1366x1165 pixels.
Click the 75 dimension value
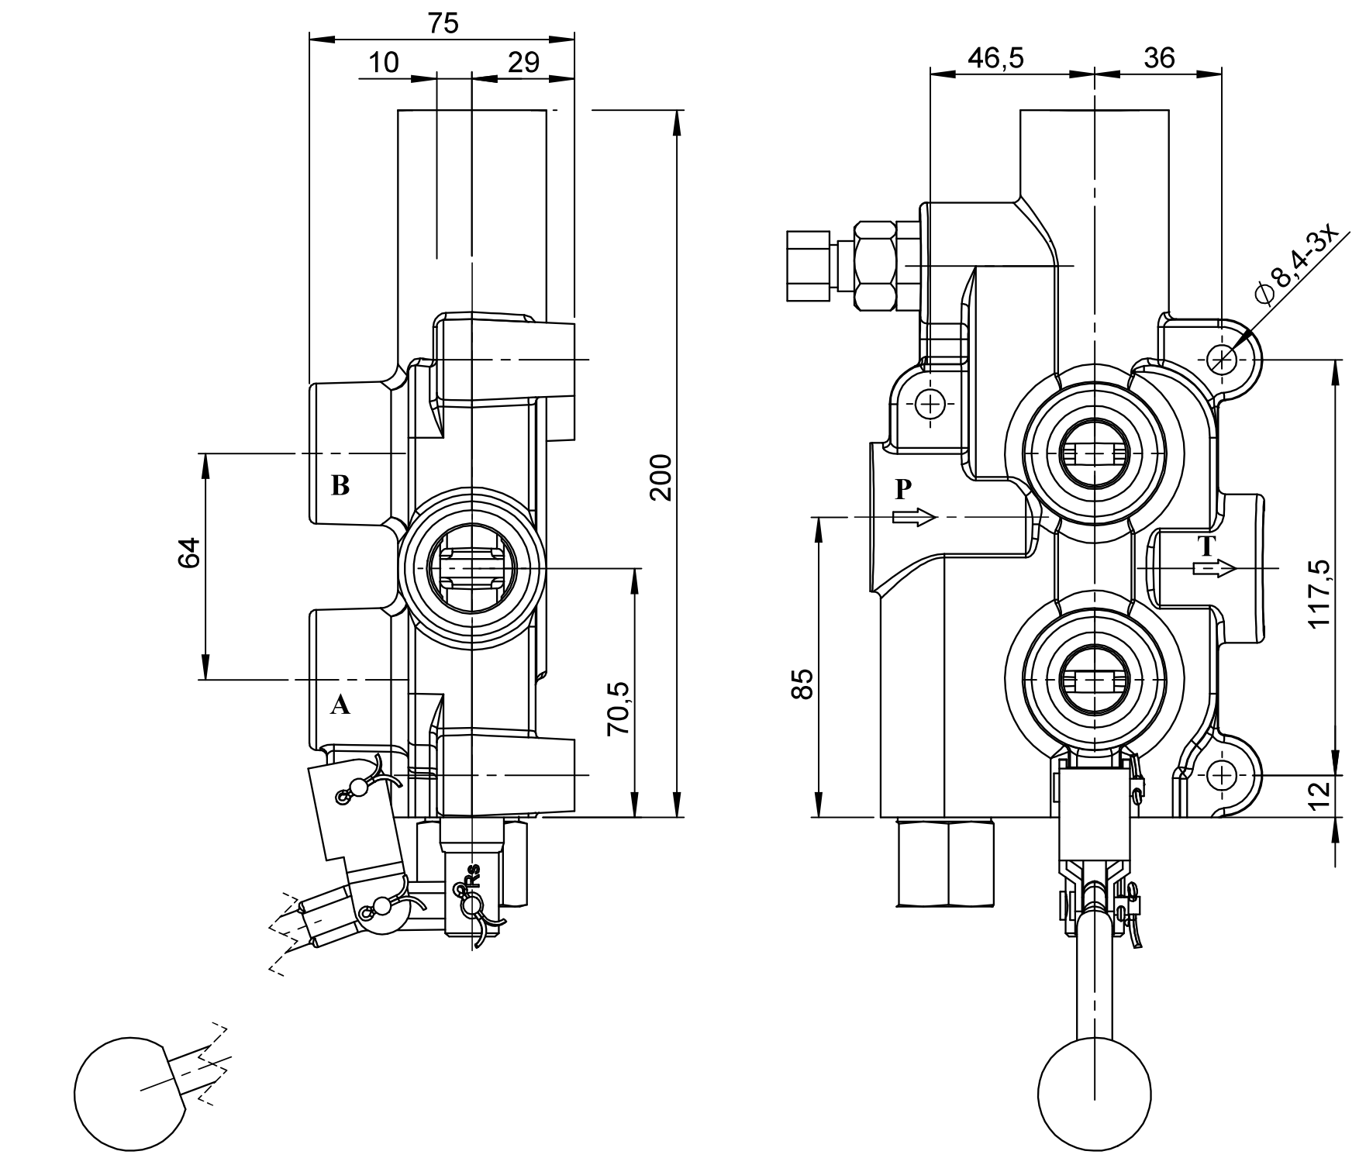[443, 24]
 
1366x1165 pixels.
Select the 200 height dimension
[661, 478]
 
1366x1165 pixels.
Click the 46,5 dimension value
[995, 58]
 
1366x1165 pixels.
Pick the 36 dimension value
[1159, 58]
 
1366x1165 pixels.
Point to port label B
[340, 486]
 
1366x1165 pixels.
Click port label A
[340, 705]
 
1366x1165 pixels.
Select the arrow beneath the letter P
[915, 517]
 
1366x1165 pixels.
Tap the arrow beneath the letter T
[1213, 568]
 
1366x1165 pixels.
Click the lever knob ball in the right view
[1093, 1101]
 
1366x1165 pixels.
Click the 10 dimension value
[382, 63]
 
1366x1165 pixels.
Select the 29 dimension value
[523, 63]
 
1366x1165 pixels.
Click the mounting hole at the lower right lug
[1222, 774]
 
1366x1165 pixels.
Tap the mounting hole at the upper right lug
[1222, 359]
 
